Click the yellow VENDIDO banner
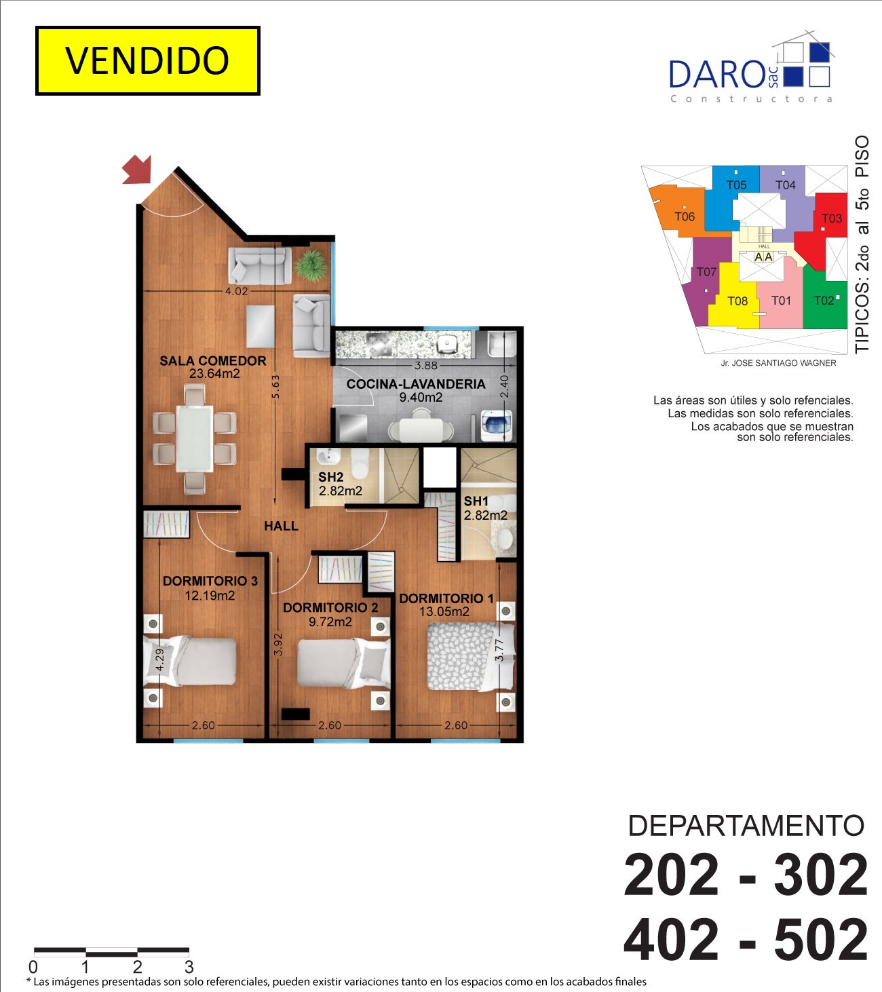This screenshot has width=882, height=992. [x=147, y=60]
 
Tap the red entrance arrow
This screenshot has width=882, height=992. [x=138, y=170]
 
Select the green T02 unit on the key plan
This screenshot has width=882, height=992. [x=826, y=299]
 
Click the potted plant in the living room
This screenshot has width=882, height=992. [x=311, y=265]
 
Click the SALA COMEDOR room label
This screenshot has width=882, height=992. [x=213, y=361]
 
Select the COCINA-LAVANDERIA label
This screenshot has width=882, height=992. [x=416, y=384]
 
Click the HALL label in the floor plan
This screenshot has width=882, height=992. [x=281, y=526]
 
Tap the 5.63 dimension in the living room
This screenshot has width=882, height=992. [x=275, y=387]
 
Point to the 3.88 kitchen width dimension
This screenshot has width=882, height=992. [x=425, y=365]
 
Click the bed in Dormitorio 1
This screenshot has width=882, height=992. [x=471, y=657]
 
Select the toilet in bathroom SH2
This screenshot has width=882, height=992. [x=360, y=463]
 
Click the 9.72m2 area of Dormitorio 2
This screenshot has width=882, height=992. [x=330, y=622]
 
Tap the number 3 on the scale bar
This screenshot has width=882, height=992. [x=189, y=967]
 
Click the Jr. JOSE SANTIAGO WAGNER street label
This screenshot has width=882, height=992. [x=778, y=363]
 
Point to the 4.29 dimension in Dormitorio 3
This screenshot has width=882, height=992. [x=159, y=660]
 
